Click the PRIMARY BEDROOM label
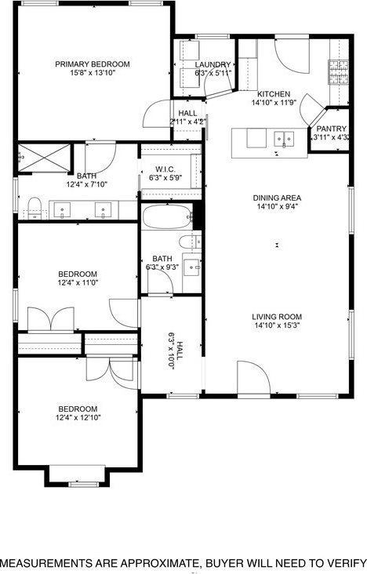coord(93,64)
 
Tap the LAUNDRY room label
coord(213,64)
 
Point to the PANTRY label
coord(331,129)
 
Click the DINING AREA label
coord(278,198)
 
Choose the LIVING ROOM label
coord(278,317)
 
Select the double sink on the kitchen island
coord(284,140)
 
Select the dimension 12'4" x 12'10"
coord(78,418)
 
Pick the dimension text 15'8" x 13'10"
coord(93,73)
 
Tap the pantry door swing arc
coord(313,107)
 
